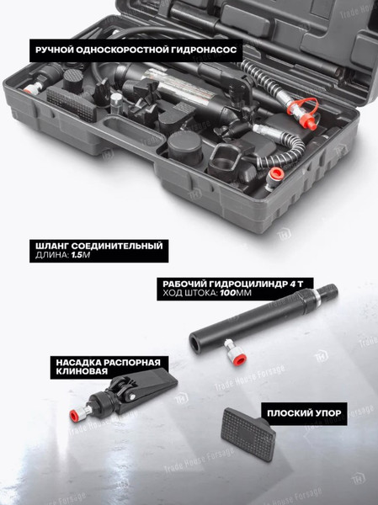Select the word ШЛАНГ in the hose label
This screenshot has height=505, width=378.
[52, 246]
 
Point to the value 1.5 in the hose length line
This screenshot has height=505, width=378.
[77, 255]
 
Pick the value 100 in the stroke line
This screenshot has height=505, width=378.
[228, 293]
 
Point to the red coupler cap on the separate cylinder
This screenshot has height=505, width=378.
[239, 359]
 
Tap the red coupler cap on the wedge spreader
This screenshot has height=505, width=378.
[74, 416]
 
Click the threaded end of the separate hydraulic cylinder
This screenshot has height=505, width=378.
[328, 291]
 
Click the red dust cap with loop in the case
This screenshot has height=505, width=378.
[306, 114]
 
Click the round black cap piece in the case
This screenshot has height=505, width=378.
[185, 148]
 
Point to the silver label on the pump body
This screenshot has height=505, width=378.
[180, 88]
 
